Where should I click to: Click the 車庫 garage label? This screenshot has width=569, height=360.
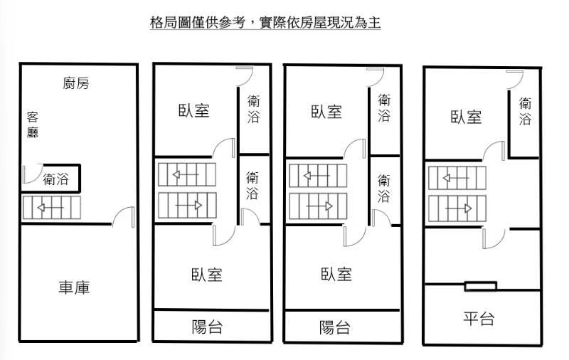coord(74,287)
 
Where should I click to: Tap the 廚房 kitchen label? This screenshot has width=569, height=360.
coord(76,83)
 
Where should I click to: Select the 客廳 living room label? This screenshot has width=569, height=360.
coord(33,125)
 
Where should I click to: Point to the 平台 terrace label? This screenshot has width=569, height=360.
coord(479,319)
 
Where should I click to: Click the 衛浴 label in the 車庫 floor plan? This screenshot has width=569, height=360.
coord(56,179)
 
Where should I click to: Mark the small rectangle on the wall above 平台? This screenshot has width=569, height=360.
coord(481,286)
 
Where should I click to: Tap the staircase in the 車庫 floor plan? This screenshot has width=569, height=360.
coord(51,208)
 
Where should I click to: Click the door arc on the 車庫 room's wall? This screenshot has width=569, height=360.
coord(123,217)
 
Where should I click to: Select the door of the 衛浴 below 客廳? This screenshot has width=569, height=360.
coord(32,174)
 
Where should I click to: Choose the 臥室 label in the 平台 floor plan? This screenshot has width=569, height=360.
coord(466,117)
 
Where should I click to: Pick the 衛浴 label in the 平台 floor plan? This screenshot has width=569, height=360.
coord(525,111)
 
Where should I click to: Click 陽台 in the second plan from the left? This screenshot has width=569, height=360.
coord(207,327)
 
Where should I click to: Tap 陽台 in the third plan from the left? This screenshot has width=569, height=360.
coord(334,327)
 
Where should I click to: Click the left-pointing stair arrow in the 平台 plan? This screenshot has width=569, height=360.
coord(456,178)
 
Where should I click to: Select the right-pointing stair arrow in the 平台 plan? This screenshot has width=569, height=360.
coord(459,208)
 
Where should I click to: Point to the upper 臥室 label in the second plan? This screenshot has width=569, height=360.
coord(193,110)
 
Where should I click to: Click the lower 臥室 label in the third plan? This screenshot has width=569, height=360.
coord(336,275)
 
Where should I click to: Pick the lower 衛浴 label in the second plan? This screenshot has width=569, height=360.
coord(252,186)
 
